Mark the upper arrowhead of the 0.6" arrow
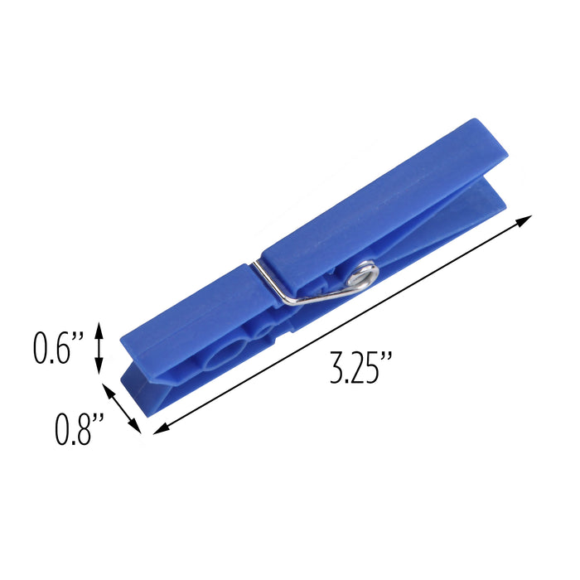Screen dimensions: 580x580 coord(99,328)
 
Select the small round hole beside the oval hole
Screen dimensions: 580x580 coord(264,333)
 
